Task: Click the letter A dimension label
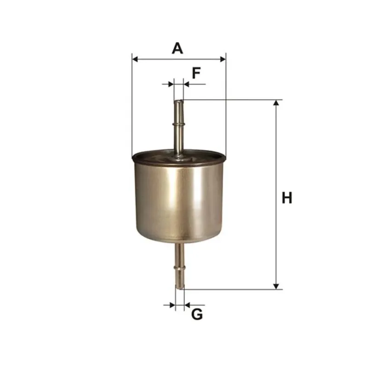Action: [177, 48]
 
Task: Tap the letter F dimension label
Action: [196, 73]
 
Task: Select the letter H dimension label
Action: [287, 198]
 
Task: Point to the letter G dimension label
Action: [197, 314]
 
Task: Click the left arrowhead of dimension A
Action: [135, 59]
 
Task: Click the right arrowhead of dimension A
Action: [223, 59]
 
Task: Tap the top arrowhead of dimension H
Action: [276, 103]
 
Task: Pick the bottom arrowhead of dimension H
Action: [276, 286]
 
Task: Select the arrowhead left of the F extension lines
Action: [171, 84]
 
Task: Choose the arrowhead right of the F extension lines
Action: [186, 84]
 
